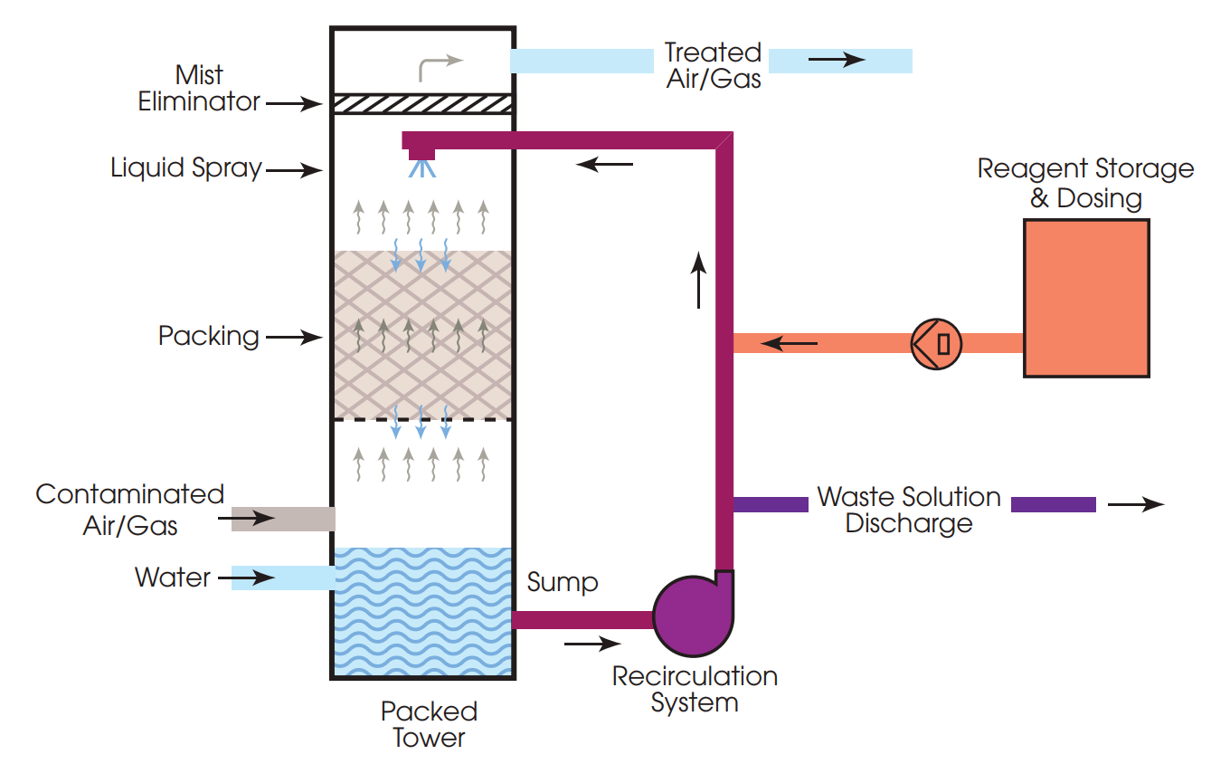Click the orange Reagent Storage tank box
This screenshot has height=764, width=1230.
[x=1086, y=298]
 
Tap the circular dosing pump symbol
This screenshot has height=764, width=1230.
[x=936, y=344]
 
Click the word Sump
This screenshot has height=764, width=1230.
[x=563, y=582]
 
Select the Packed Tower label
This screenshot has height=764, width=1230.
[x=429, y=723]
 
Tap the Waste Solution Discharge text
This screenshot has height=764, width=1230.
[x=909, y=510]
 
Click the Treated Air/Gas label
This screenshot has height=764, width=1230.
[x=713, y=64]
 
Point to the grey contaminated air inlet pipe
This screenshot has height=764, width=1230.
[x=283, y=519]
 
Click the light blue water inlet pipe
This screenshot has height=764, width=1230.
[x=283, y=578]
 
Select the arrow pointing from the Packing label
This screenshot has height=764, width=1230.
[x=294, y=338]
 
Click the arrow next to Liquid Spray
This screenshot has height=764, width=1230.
[x=294, y=169]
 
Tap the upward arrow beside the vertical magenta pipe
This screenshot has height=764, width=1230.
[x=698, y=281]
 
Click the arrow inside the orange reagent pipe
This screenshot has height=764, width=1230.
[x=790, y=344]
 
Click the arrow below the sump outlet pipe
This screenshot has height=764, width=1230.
[x=592, y=645]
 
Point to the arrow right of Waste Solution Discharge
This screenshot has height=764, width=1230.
[x=1135, y=505]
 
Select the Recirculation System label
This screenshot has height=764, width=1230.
[x=695, y=689]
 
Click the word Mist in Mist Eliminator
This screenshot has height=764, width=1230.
[x=199, y=74]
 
